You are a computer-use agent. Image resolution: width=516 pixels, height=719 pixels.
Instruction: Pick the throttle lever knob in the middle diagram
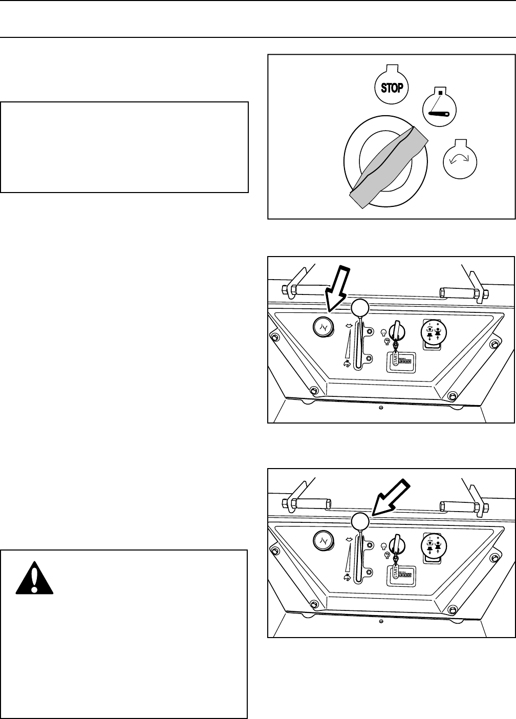click(x=360, y=308)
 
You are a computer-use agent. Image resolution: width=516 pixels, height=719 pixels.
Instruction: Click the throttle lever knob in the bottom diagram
click(x=360, y=522)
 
